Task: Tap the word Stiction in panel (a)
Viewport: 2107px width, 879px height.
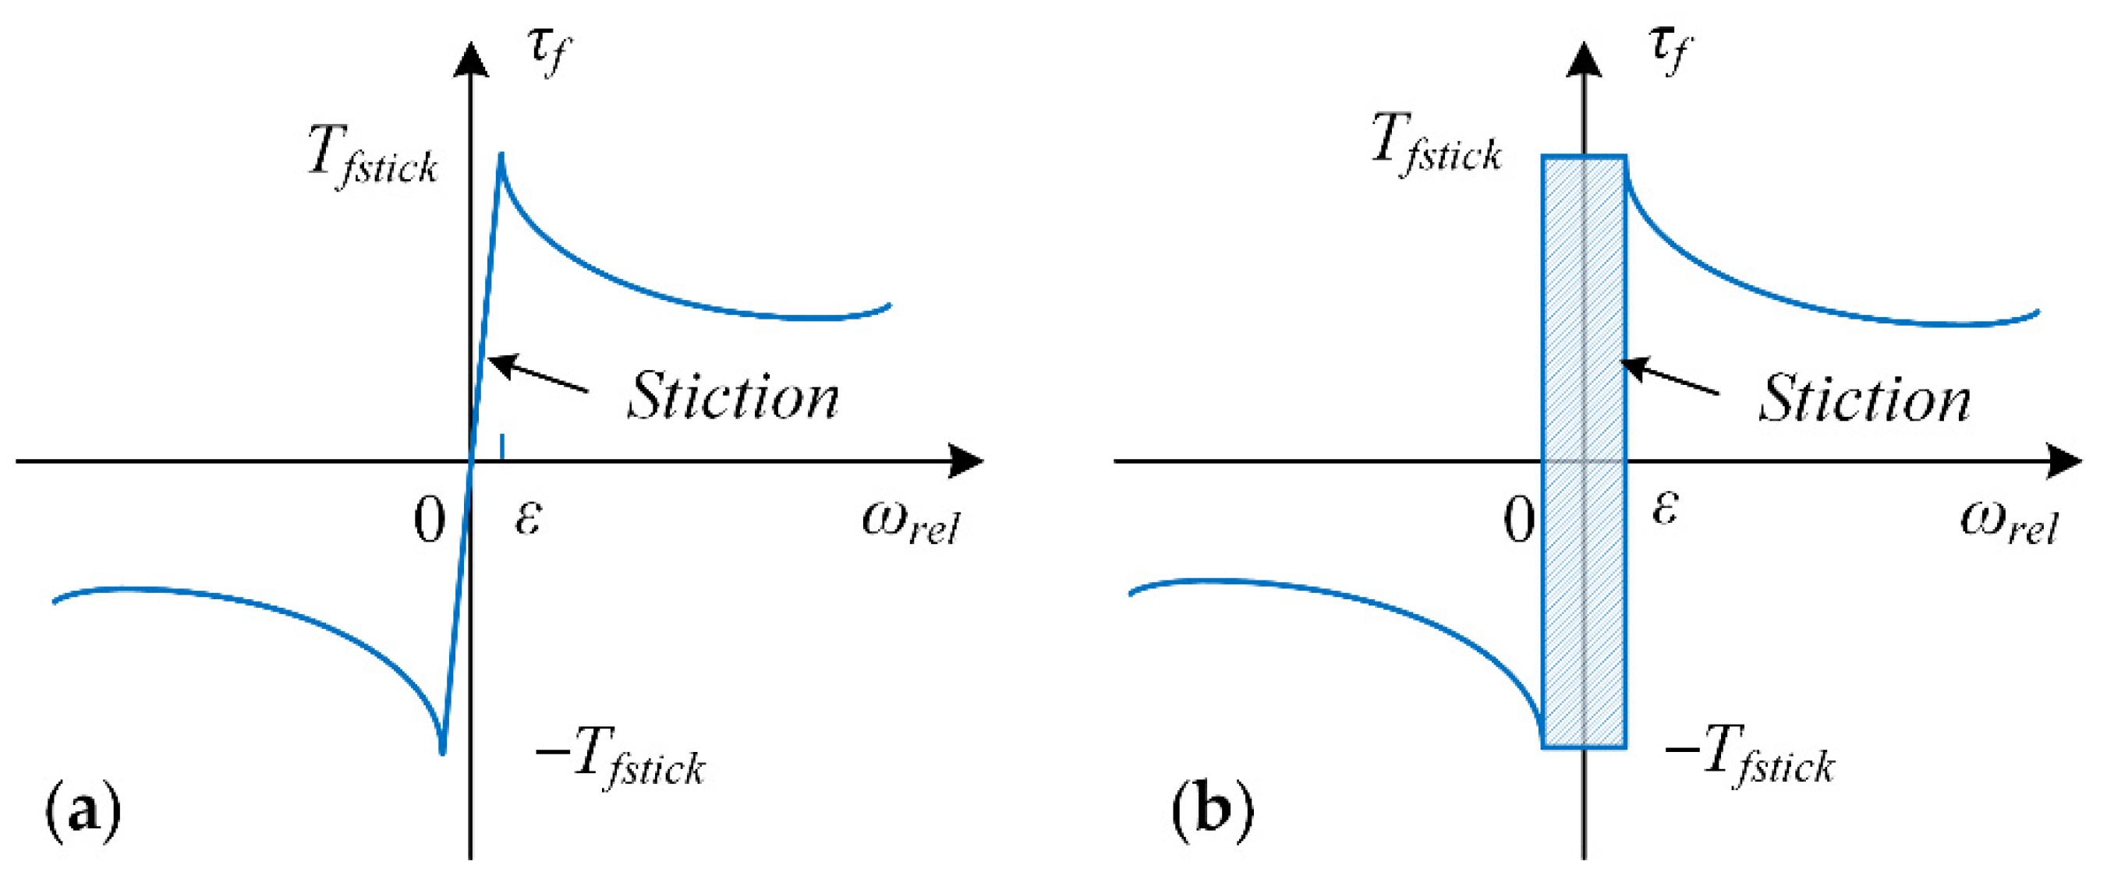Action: pos(733,397)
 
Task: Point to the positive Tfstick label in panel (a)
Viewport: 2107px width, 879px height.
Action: pos(373,157)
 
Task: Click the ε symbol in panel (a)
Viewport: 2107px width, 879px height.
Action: pos(528,517)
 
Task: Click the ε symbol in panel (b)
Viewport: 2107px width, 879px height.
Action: pos(1665,508)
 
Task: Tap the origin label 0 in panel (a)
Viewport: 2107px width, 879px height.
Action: pos(430,521)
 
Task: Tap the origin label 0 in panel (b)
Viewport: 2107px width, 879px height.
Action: pos(1519,521)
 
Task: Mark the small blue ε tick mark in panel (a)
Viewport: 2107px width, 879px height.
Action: pos(502,447)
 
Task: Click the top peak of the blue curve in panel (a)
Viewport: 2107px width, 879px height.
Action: pos(501,154)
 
